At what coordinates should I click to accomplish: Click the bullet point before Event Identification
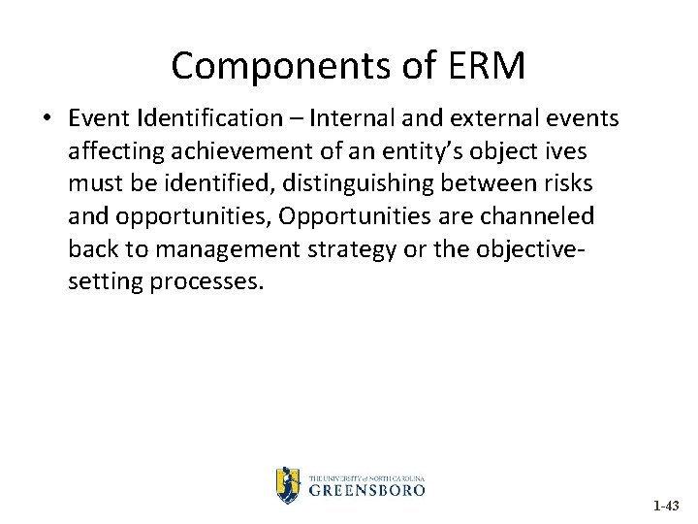tap(48, 119)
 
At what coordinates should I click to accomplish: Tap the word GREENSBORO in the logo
tap(367, 490)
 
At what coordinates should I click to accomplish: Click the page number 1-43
tap(667, 506)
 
